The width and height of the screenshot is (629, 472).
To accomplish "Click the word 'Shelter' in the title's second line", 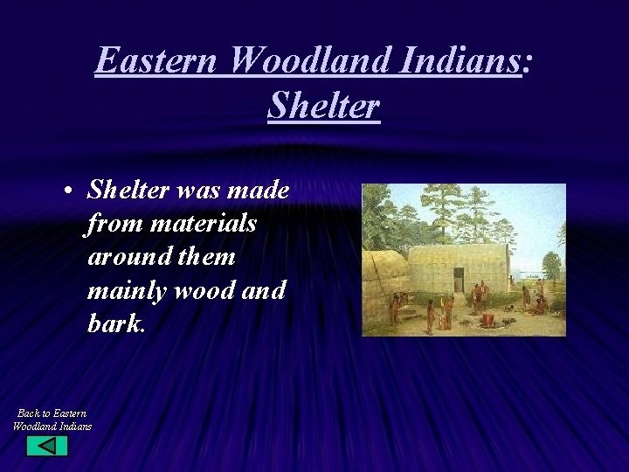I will (323, 106).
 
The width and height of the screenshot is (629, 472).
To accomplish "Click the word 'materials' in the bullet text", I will (203, 224).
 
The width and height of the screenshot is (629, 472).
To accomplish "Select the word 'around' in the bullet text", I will (128, 257).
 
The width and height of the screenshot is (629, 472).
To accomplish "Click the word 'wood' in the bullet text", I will (207, 290).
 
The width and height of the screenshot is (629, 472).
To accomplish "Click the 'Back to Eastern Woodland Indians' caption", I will (52, 419).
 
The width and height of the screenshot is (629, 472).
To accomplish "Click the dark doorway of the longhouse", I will (459, 281).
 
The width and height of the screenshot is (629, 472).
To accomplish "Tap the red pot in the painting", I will (487, 320).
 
